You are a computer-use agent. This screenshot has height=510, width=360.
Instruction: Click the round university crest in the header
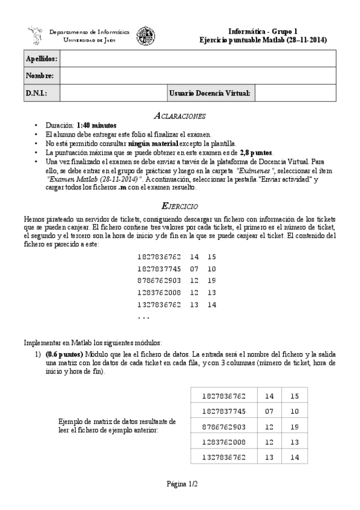click(x=145, y=35)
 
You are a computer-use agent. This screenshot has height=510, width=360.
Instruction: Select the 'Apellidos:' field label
click(x=41, y=58)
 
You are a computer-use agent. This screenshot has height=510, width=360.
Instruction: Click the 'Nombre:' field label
click(x=40, y=76)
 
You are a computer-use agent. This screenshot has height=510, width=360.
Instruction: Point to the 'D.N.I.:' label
click(x=36, y=93)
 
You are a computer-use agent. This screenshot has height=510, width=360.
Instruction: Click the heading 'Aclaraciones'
click(x=180, y=115)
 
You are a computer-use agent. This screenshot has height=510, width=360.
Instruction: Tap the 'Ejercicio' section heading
click(x=180, y=205)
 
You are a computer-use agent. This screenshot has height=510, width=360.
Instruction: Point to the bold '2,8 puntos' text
click(x=256, y=153)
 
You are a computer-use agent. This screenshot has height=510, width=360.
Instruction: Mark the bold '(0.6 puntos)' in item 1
click(x=66, y=355)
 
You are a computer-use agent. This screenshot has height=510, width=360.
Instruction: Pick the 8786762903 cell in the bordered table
click(x=224, y=426)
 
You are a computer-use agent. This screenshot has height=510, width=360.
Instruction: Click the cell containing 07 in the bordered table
click(x=269, y=411)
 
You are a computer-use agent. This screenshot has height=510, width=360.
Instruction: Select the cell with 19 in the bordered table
click(x=294, y=426)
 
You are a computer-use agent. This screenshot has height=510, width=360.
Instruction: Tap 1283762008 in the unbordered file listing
click(x=159, y=292)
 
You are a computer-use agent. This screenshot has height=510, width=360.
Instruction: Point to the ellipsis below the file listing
click(x=143, y=317)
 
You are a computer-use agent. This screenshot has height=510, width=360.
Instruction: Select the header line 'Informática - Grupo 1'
click(x=263, y=31)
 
